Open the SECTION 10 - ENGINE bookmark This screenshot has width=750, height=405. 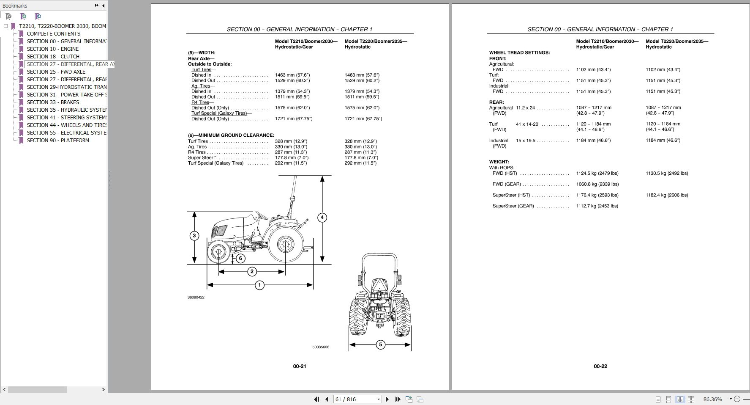click(52, 49)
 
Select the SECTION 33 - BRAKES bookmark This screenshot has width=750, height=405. click(53, 102)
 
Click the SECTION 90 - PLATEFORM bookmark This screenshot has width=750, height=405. click(58, 141)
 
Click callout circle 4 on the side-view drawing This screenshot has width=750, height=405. click(322, 218)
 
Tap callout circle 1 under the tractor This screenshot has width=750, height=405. click(259, 285)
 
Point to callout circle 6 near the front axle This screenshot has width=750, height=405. click(240, 258)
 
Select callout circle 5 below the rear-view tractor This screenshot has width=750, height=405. click(380, 344)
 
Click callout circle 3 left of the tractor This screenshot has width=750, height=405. click(194, 236)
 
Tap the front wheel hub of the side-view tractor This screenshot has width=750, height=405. click(219, 252)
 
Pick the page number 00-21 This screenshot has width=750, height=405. click(300, 366)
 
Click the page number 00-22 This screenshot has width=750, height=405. click(600, 366)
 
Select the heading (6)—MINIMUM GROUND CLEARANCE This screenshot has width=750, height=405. click(231, 135)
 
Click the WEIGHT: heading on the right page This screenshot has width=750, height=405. click(499, 162)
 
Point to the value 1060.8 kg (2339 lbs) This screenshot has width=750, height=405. click(597, 184)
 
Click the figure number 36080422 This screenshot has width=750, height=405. click(196, 298)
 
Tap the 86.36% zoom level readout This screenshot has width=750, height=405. click(712, 399)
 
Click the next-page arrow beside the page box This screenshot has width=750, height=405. click(387, 399)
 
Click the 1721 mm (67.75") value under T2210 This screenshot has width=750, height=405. click(294, 119)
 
